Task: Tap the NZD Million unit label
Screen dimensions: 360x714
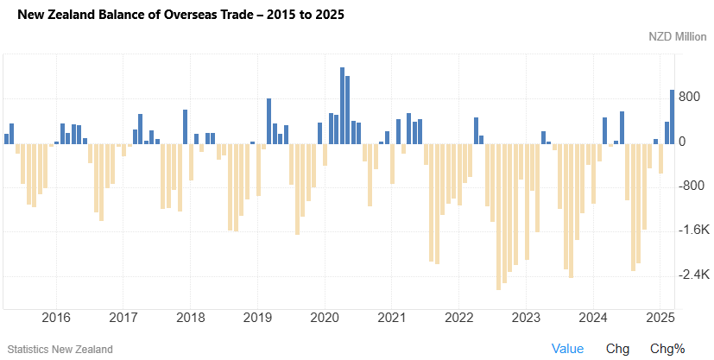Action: click(679, 37)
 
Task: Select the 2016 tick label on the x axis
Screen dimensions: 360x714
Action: click(56, 317)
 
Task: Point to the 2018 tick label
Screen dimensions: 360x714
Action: click(190, 317)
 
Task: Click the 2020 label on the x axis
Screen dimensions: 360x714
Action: click(325, 317)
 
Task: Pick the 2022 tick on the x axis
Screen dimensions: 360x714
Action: click(459, 317)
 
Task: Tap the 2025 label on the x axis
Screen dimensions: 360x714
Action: click(660, 317)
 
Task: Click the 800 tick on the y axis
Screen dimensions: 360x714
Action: click(688, 97)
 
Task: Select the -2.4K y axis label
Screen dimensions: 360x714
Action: click(694, 275)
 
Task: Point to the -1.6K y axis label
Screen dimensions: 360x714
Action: click(694, 231)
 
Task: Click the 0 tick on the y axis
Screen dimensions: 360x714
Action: click(682, 142)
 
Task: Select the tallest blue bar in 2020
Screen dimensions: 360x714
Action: click(342, 104)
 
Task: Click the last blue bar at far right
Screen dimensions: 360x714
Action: click(673, 116)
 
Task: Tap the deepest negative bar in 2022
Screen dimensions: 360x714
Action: click(499, 216)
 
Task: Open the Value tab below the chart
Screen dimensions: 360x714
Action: click(567, 349)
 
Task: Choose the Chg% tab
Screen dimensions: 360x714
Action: click(667, 349)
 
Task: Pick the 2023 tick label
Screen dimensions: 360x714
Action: click(527, 317)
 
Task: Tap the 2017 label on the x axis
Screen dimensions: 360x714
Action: click(123, 317)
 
